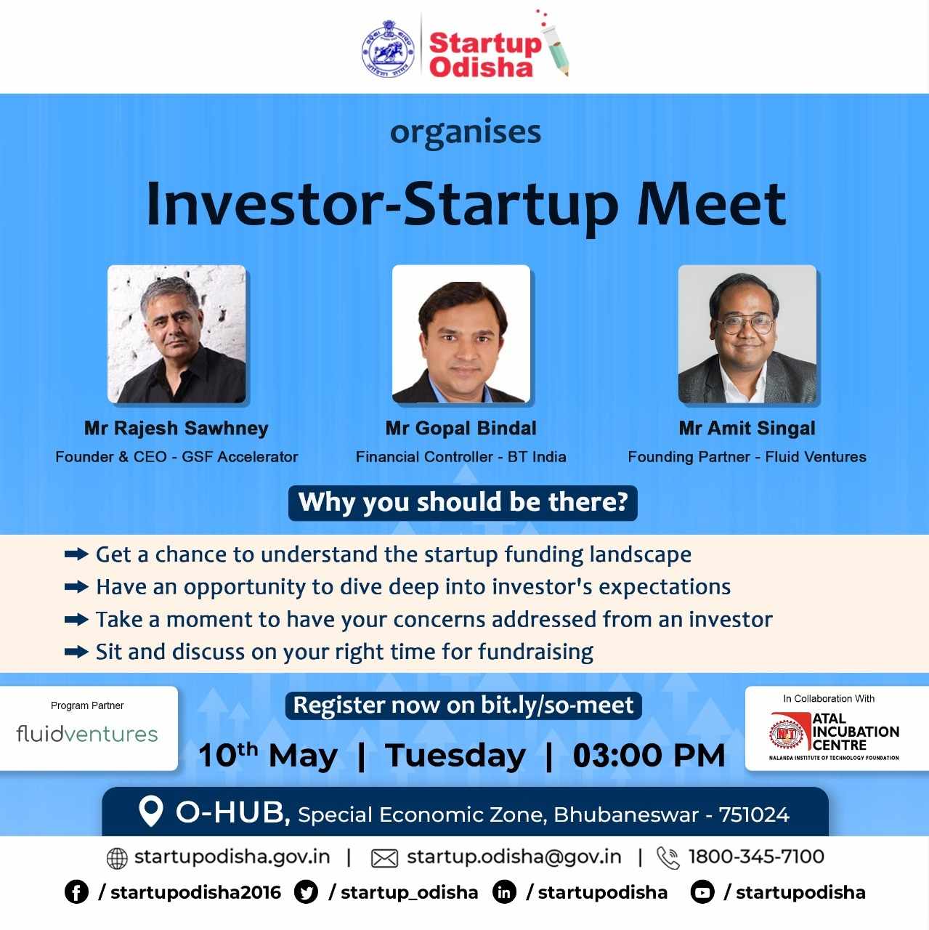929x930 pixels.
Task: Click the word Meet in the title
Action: [712, 204]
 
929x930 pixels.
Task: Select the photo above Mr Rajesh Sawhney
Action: [177, 334]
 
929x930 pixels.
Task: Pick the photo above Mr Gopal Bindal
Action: [461, 334]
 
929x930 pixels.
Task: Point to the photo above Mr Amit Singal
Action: [747, 334]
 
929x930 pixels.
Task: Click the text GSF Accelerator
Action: [240, 457]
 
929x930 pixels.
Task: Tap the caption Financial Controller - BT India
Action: [461, 457]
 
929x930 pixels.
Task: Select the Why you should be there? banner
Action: [463, 503]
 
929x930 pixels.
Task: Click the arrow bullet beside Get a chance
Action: [76, 555]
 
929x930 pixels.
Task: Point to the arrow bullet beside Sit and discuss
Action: [76, 652]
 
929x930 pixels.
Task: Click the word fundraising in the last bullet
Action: [536, 652]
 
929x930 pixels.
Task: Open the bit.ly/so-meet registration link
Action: [557, 705]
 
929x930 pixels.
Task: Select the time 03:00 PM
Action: [649, 756]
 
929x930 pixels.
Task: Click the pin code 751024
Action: [754, 815]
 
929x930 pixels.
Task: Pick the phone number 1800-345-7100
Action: [756, 857]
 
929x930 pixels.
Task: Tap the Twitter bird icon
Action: [306, 893]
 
